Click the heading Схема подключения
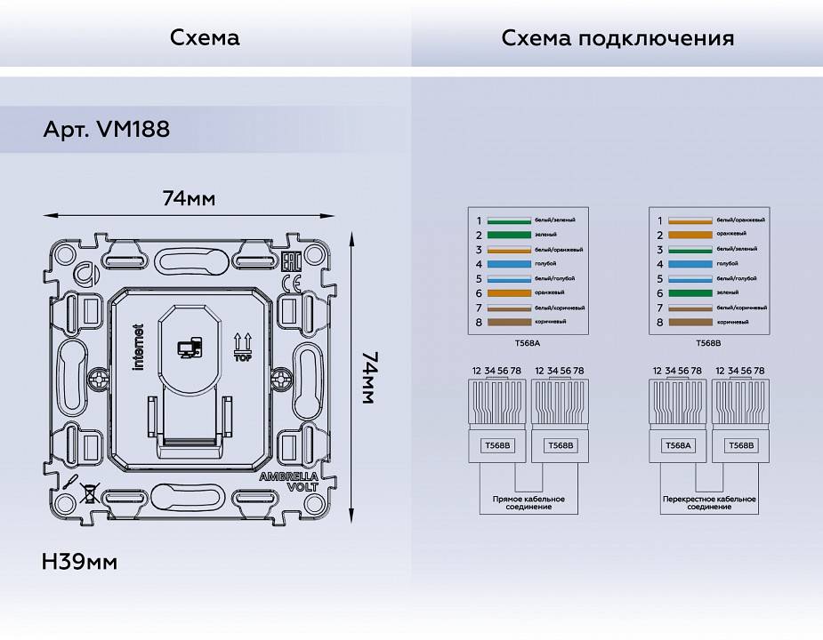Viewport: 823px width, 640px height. pos(617,38)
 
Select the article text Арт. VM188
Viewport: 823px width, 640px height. pos(106,130)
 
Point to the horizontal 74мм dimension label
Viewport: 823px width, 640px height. pos(189,198)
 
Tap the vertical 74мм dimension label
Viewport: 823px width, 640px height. pos(370,378)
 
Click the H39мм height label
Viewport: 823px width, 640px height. pos(79,562)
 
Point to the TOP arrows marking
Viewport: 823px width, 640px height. pos(241,347)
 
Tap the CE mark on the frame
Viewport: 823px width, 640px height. pos(290,284)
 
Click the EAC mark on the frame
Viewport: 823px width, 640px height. pos(290,262)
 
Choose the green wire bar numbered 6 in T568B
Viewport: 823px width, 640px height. pos(690,292)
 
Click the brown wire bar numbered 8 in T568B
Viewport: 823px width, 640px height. pos(690,322)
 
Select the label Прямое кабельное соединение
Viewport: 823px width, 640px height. pos(528,503)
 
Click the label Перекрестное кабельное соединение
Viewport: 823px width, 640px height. pos(709,503)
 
